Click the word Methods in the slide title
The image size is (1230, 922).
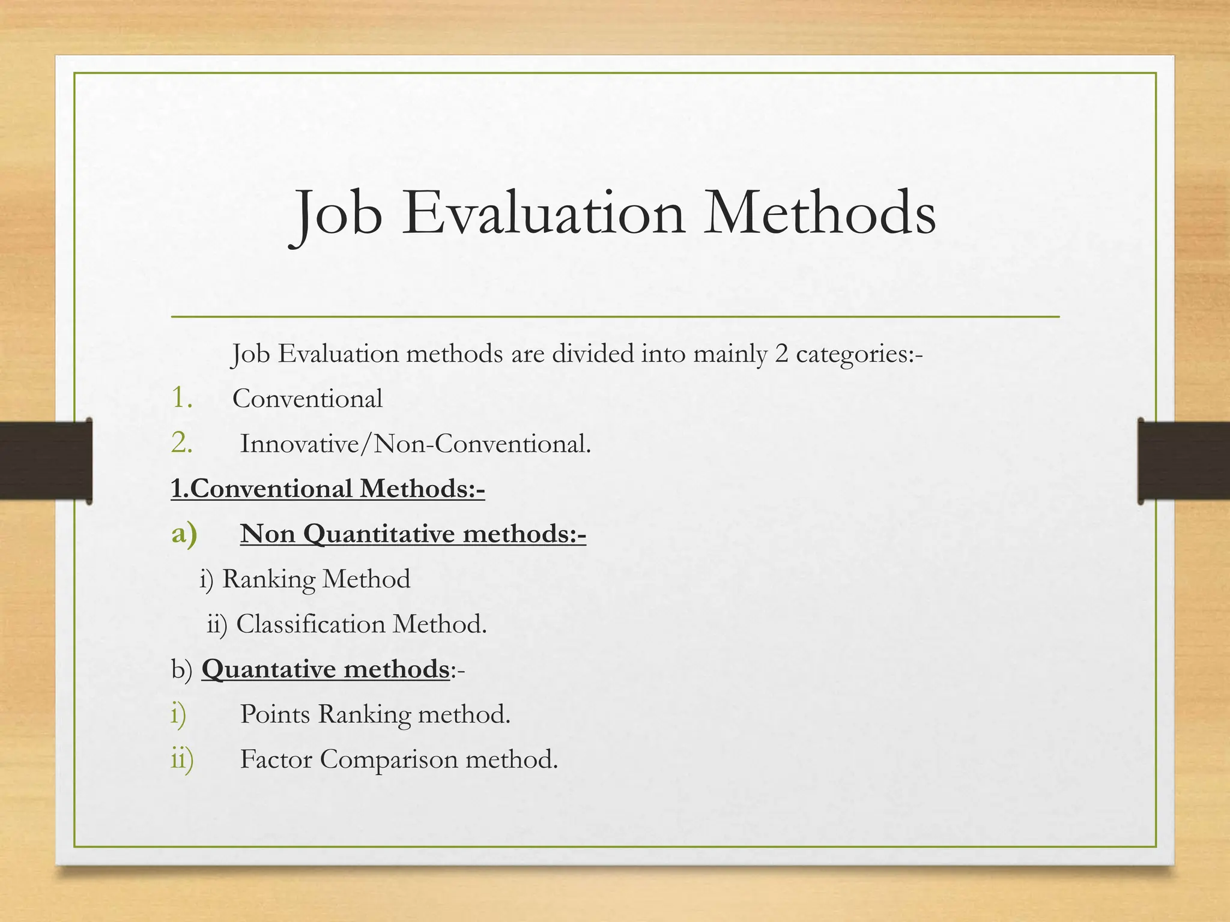pyautogui.click(x=820, y=213)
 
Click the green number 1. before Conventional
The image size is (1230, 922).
pyautogui.click(x=181, y=398)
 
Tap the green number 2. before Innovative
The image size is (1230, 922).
pyautogui.click(x=181, y=444)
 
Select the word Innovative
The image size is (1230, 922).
pyautogui.click(x=299, y=444)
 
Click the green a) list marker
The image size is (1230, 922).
pyautogui.click(x=184, y=533)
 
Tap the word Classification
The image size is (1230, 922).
pyautogui.click(x=311, y=624)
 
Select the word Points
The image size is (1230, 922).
pyautogui.click(x=274, y=714)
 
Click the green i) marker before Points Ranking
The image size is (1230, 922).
pyautogui.click(x=178, y=714)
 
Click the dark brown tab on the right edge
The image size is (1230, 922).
pyautogui.click(x=1183, y=461)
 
